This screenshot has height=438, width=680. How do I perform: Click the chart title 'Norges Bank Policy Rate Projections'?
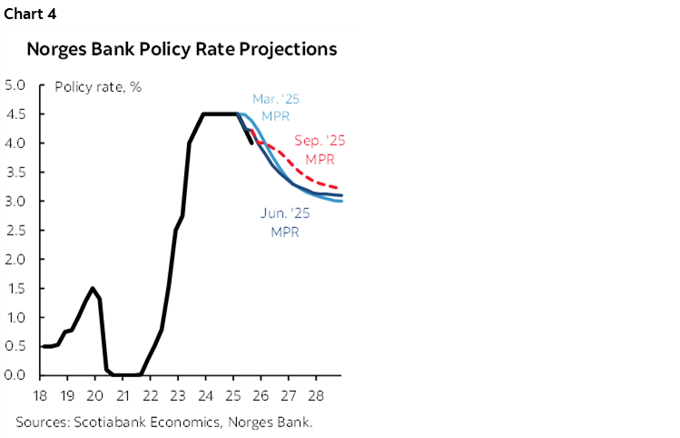point(182,49)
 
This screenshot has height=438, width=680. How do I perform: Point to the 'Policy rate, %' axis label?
point(98,87)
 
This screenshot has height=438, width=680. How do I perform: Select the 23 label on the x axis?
point(177,395)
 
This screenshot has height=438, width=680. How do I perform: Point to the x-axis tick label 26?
point(260,395)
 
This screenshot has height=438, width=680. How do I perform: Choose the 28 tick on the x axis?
point(315,395)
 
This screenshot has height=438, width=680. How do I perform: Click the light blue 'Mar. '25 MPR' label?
point(270,107)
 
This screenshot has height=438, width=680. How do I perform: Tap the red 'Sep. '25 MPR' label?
point(320,149)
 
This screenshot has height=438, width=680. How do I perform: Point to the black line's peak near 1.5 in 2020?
point(93,288)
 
